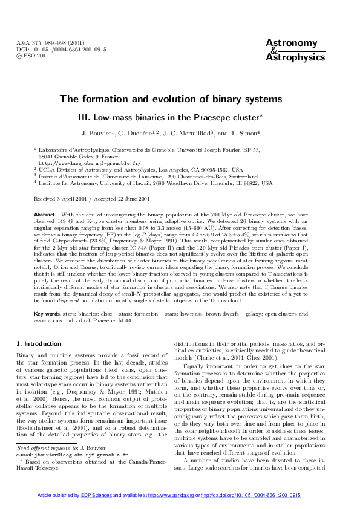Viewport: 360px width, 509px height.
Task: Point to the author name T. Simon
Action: click(246, 132)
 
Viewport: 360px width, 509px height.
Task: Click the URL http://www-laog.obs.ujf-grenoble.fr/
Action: click(90, 163)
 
